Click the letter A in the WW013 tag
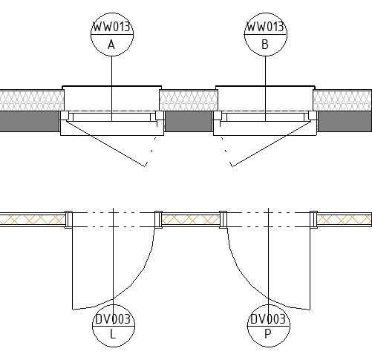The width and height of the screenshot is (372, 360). [111, 45]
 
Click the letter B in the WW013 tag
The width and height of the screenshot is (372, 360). [265, 45]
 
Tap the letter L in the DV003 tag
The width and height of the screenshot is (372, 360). [113, 334]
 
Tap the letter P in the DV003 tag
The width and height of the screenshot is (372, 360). [268, 334]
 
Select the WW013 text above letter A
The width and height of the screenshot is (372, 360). [111, 27]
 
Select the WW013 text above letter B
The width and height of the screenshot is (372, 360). [265, 27]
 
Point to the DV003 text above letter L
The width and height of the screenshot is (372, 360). [113, 319]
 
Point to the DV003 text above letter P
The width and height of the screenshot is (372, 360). [268, 319]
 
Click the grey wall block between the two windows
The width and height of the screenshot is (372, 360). [189, 121]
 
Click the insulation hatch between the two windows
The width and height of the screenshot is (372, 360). [189, 100]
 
